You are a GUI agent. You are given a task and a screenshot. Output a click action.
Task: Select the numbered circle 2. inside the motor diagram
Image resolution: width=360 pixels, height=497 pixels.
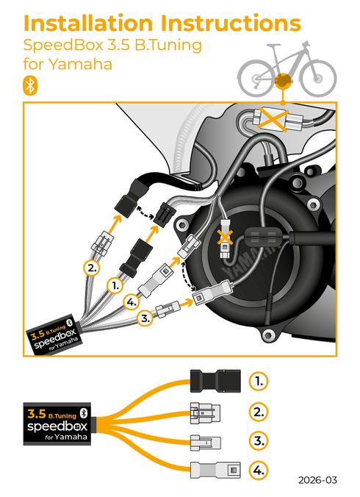pos(92,268)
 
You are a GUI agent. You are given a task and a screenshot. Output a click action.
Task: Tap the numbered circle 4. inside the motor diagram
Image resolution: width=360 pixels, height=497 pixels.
pos(132,301)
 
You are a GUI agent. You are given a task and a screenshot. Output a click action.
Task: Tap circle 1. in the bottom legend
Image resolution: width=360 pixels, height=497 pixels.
pos(259,381)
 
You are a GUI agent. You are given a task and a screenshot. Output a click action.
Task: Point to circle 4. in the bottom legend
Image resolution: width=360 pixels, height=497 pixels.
pos(259,469)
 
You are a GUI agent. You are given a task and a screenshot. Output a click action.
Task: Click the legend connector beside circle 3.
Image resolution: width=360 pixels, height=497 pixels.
pos(205,441)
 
